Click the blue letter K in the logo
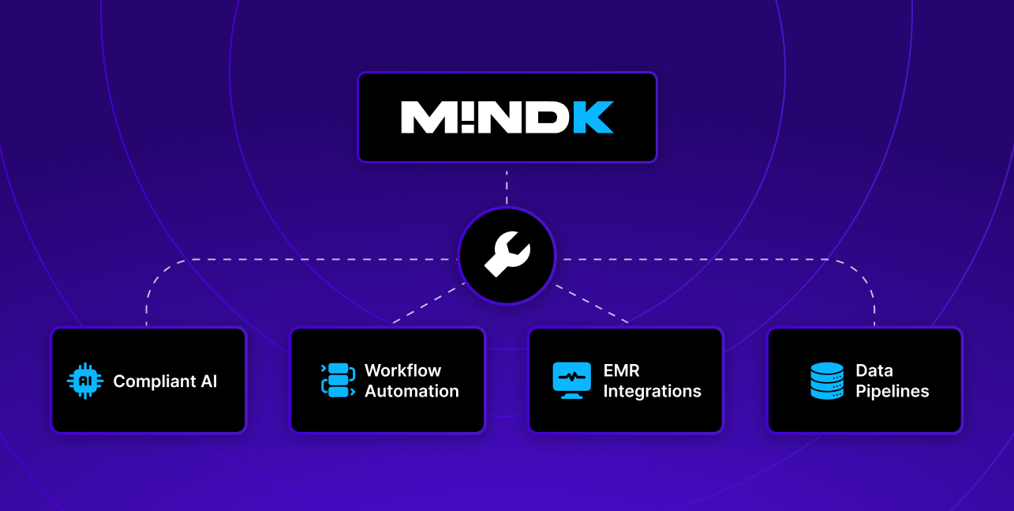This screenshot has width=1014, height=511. (593, 117)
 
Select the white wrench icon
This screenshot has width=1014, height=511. (507, 255)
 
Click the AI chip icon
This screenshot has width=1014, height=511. (85, 381)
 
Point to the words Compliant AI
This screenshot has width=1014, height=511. (165, 381)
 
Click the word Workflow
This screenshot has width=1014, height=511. (402, 370)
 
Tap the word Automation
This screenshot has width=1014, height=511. (411, 391)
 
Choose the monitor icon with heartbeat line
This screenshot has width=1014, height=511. (571, 381)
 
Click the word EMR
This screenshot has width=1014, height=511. (620, 370)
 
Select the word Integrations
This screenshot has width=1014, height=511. (652, 391)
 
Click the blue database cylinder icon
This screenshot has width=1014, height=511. (826, 381)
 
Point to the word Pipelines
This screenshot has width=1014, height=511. (892, 391)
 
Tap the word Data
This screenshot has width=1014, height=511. (874, 370)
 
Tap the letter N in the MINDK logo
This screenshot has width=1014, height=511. (501, 117)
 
